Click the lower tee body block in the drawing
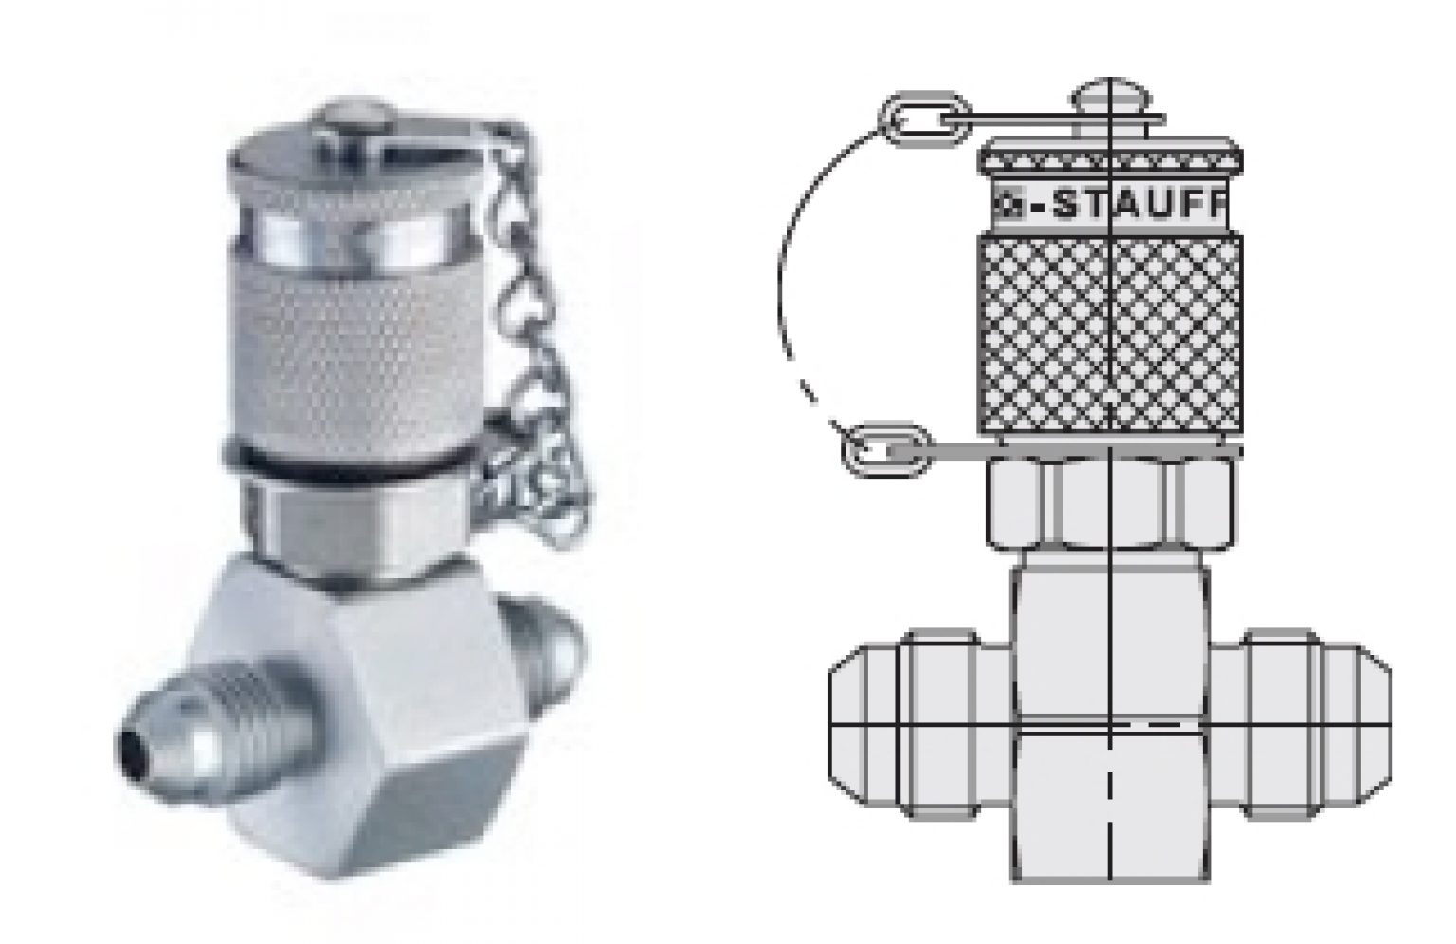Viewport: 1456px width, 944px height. pos(1111,806)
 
